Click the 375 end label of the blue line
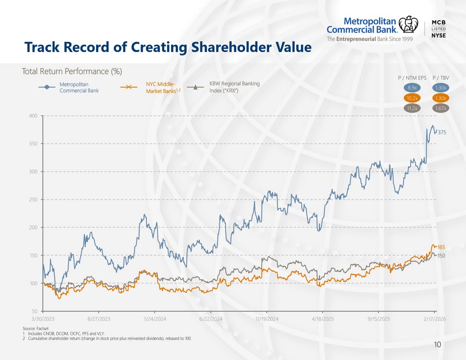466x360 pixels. point(442,133)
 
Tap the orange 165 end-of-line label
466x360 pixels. point(441,247)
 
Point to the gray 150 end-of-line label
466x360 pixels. point(441,256)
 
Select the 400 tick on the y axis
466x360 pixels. point(33,116)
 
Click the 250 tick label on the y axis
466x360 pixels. point(33,199)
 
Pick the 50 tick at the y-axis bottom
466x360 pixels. point(35,311)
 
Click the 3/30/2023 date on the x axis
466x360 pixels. point(43,319)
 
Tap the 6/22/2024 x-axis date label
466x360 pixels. point(211,319)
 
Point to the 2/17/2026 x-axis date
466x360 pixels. point(435,319)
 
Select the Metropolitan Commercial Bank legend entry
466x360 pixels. point(69,87)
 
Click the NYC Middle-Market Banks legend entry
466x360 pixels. point(150,87)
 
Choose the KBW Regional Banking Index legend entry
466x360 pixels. point(224,87)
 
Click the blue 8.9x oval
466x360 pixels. point(412,88)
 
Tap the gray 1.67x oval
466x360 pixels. point(441,108)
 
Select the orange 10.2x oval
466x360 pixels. point(412,98)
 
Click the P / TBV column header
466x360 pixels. point(441,78)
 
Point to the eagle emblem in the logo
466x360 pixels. point(408,24)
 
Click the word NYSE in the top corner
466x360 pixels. point(438,35)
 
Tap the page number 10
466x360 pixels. point(438,345)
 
